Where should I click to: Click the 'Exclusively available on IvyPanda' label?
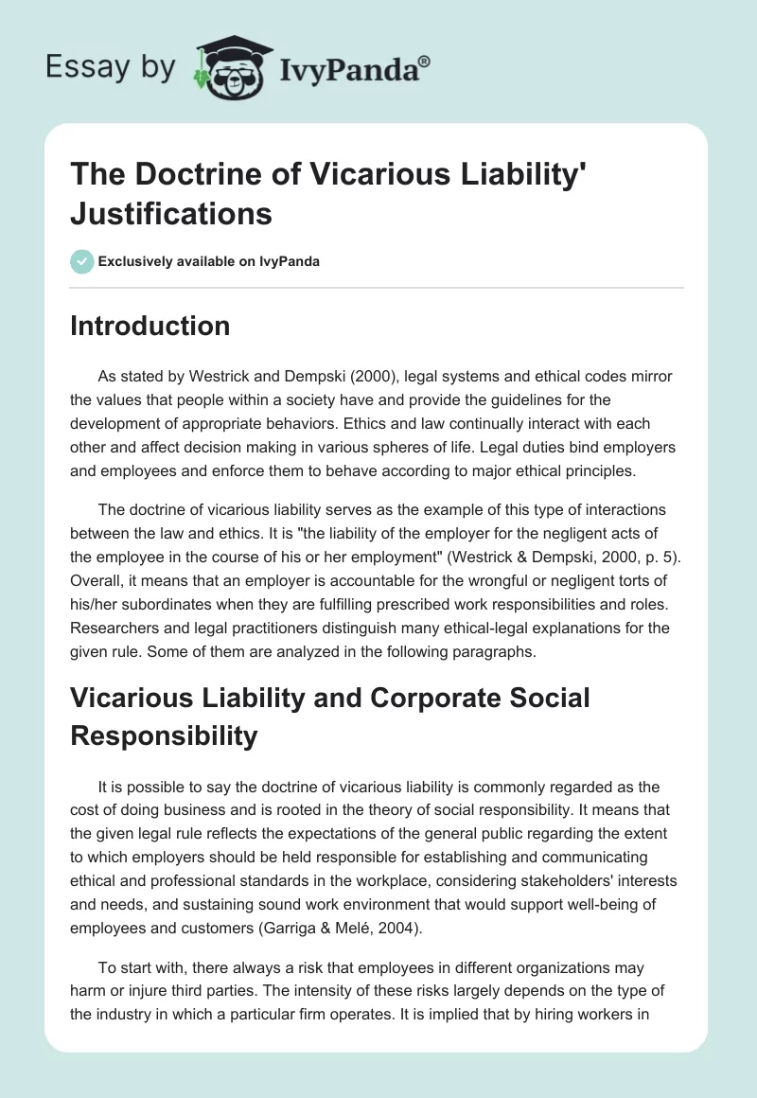pos(207,261)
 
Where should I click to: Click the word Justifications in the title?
pos(171,215)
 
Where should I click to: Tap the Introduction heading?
pos(150,326)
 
